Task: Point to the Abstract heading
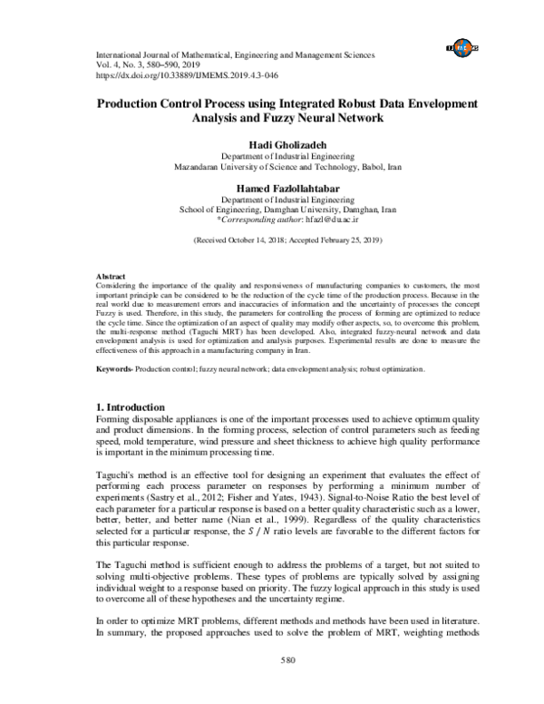coord(111,275)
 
